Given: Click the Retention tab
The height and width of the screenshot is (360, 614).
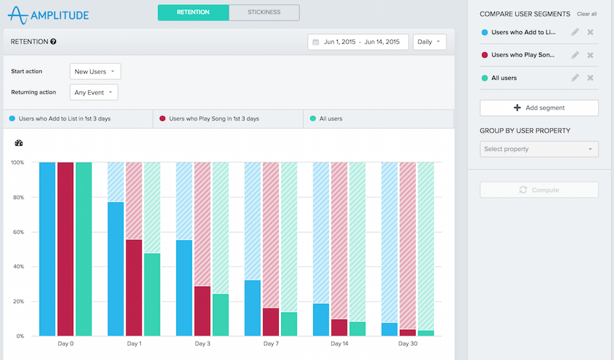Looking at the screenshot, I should tap(193, 12).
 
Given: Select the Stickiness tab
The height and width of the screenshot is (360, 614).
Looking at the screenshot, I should tap(264, 12).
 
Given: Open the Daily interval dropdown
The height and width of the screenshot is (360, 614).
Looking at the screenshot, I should tap(430, 42).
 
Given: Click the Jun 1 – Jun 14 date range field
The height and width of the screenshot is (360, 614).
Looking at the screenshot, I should tap(358, 42).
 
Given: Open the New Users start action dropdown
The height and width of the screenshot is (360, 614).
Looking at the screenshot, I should tap(95, 72).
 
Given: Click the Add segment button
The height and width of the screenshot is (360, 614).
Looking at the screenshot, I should tap(538, 108).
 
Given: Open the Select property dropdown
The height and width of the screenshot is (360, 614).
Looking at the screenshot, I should tap(538, 149).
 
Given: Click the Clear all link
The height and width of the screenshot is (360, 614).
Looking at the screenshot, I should tap(586, 14).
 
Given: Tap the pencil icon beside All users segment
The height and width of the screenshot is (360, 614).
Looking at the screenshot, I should tap(575, 78).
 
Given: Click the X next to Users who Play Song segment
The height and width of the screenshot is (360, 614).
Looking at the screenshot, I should tap(590, 55).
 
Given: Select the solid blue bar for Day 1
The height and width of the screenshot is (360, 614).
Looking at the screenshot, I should tap(115, 269).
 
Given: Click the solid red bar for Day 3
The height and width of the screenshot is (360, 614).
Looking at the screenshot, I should tap(203, 311).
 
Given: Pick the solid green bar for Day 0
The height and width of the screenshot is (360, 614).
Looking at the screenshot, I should tap(84, 249).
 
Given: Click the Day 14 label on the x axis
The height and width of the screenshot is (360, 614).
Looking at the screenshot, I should tap(340, 344).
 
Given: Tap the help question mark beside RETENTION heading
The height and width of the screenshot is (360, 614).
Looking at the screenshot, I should tap(53, 42).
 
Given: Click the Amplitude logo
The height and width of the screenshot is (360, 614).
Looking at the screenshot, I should tap(49, 14).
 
